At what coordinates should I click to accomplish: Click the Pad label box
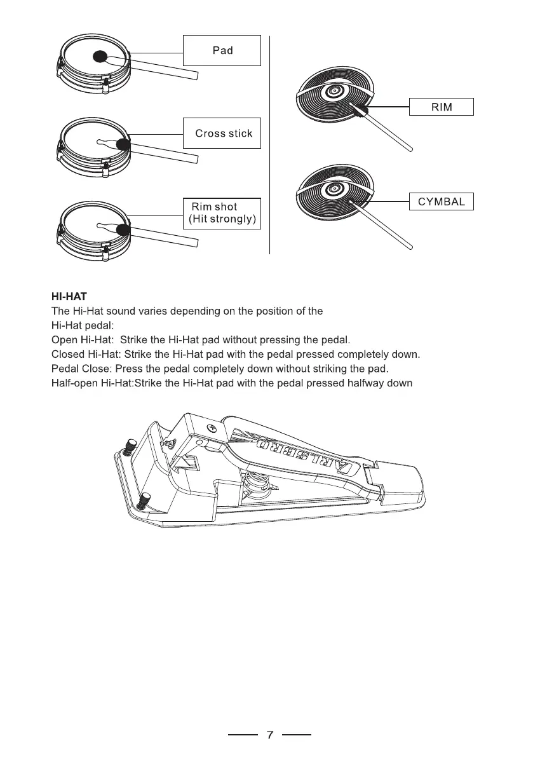[222, 50]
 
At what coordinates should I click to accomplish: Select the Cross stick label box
[222, 133]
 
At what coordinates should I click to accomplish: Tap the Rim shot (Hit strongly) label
[222, 214]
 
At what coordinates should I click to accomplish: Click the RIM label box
[442, 107]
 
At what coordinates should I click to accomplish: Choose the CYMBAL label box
[442, 202]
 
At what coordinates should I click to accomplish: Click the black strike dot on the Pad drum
[99, 57]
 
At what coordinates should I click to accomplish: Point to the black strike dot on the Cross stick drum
[123, 146]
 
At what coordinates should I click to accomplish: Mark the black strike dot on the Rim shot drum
[123, 229]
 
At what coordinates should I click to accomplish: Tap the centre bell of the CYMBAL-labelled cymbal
[332, 189]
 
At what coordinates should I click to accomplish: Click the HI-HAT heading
[68, 296]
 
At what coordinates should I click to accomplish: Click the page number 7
[270, 735]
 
